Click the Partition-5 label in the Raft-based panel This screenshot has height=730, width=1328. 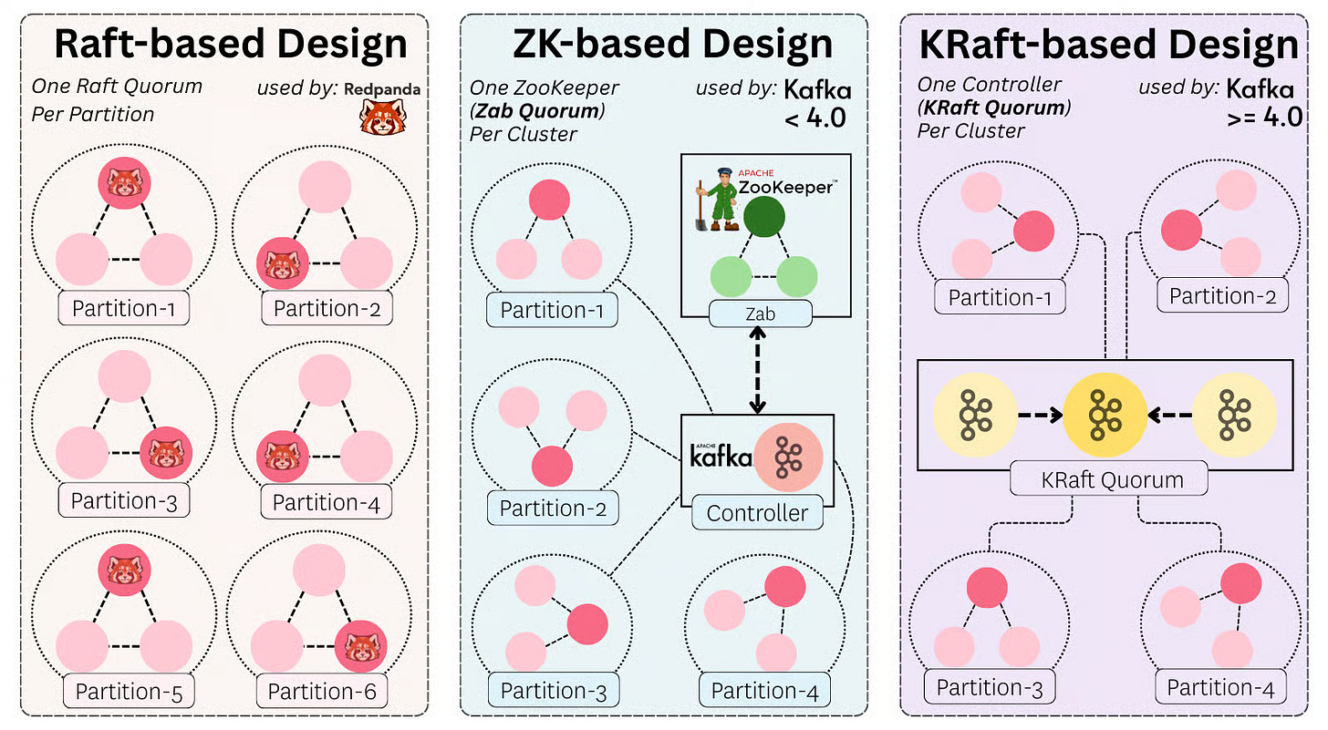pos(129,692)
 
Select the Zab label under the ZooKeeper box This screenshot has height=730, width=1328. pos(760,314)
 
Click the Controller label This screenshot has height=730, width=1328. pos(757,513)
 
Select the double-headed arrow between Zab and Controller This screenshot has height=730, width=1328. pos(757,372)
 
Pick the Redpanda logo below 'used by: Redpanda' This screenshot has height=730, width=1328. pos(382,118)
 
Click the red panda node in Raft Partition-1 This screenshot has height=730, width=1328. pos(125,185)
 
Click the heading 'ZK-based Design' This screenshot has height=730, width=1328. pos(672,45)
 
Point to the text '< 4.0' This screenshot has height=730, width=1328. pos(816,118)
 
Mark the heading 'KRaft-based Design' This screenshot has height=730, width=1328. pos(1108,45)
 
